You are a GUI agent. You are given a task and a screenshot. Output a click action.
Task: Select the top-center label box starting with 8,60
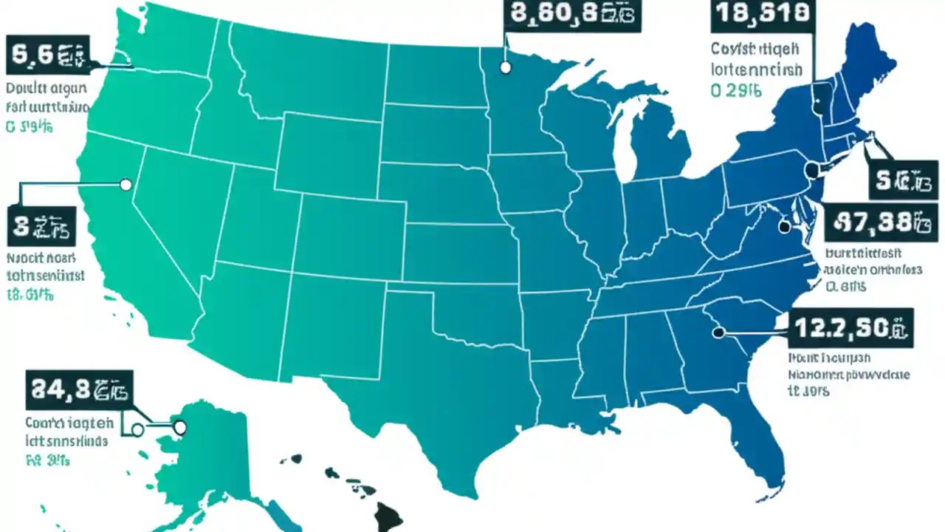point(572,15)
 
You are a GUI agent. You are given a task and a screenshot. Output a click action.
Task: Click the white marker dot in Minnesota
point(505,67)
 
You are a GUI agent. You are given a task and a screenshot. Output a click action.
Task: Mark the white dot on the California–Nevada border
point(126,185)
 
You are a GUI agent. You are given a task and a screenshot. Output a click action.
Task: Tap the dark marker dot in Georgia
point(718,333)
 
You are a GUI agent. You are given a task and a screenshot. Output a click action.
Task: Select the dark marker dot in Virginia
point(784,228)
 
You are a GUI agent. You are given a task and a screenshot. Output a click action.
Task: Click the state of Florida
point(746,436)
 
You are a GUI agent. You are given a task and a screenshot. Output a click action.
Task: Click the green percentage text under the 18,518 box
point(735,91)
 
